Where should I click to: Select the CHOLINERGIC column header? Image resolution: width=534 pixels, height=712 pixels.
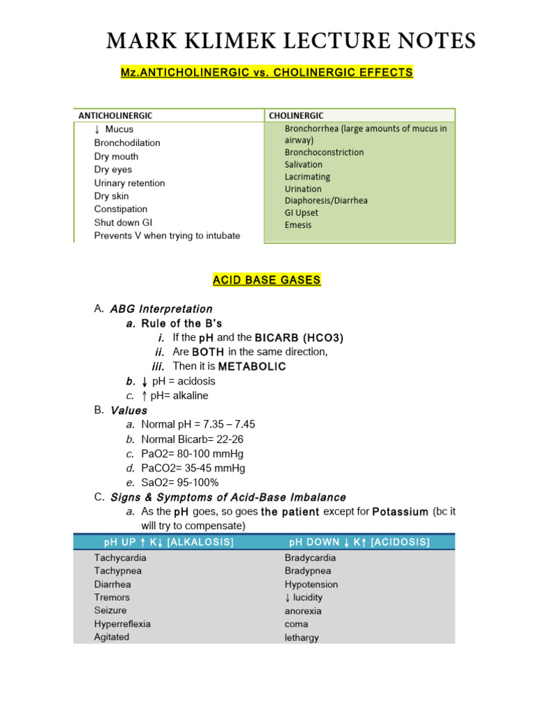tap(296, 115)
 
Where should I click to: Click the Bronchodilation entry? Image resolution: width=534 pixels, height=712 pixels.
tap(127, 143)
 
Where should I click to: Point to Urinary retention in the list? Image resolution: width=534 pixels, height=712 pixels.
tap(129, 183)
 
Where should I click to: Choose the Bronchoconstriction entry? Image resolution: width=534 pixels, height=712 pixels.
tap(324, 152)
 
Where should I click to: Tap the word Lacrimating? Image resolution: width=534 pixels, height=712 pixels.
tap(307, 177)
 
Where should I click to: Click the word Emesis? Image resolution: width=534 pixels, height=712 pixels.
tap(298, 225)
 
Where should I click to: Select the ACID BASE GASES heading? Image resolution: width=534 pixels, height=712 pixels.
tap(266, 280)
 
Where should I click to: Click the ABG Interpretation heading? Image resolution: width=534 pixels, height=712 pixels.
tap(161, 309)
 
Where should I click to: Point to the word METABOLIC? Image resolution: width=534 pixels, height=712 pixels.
tap(252, 366)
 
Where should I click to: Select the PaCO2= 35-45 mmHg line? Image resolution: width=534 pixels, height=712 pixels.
tap(193, 468)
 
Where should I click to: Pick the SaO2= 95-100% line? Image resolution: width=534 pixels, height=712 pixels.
tap(179, 483)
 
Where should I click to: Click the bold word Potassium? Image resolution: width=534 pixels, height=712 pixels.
tap(400, 512)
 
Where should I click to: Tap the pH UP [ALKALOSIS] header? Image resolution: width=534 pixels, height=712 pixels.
tap(168, 542)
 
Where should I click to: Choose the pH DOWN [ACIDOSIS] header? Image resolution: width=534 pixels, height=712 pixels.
tap(359, 542)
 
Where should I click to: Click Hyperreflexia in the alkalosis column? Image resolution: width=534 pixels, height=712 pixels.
tap(122, 624)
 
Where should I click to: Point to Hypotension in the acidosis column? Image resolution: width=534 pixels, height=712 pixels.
tap(311, 585)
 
